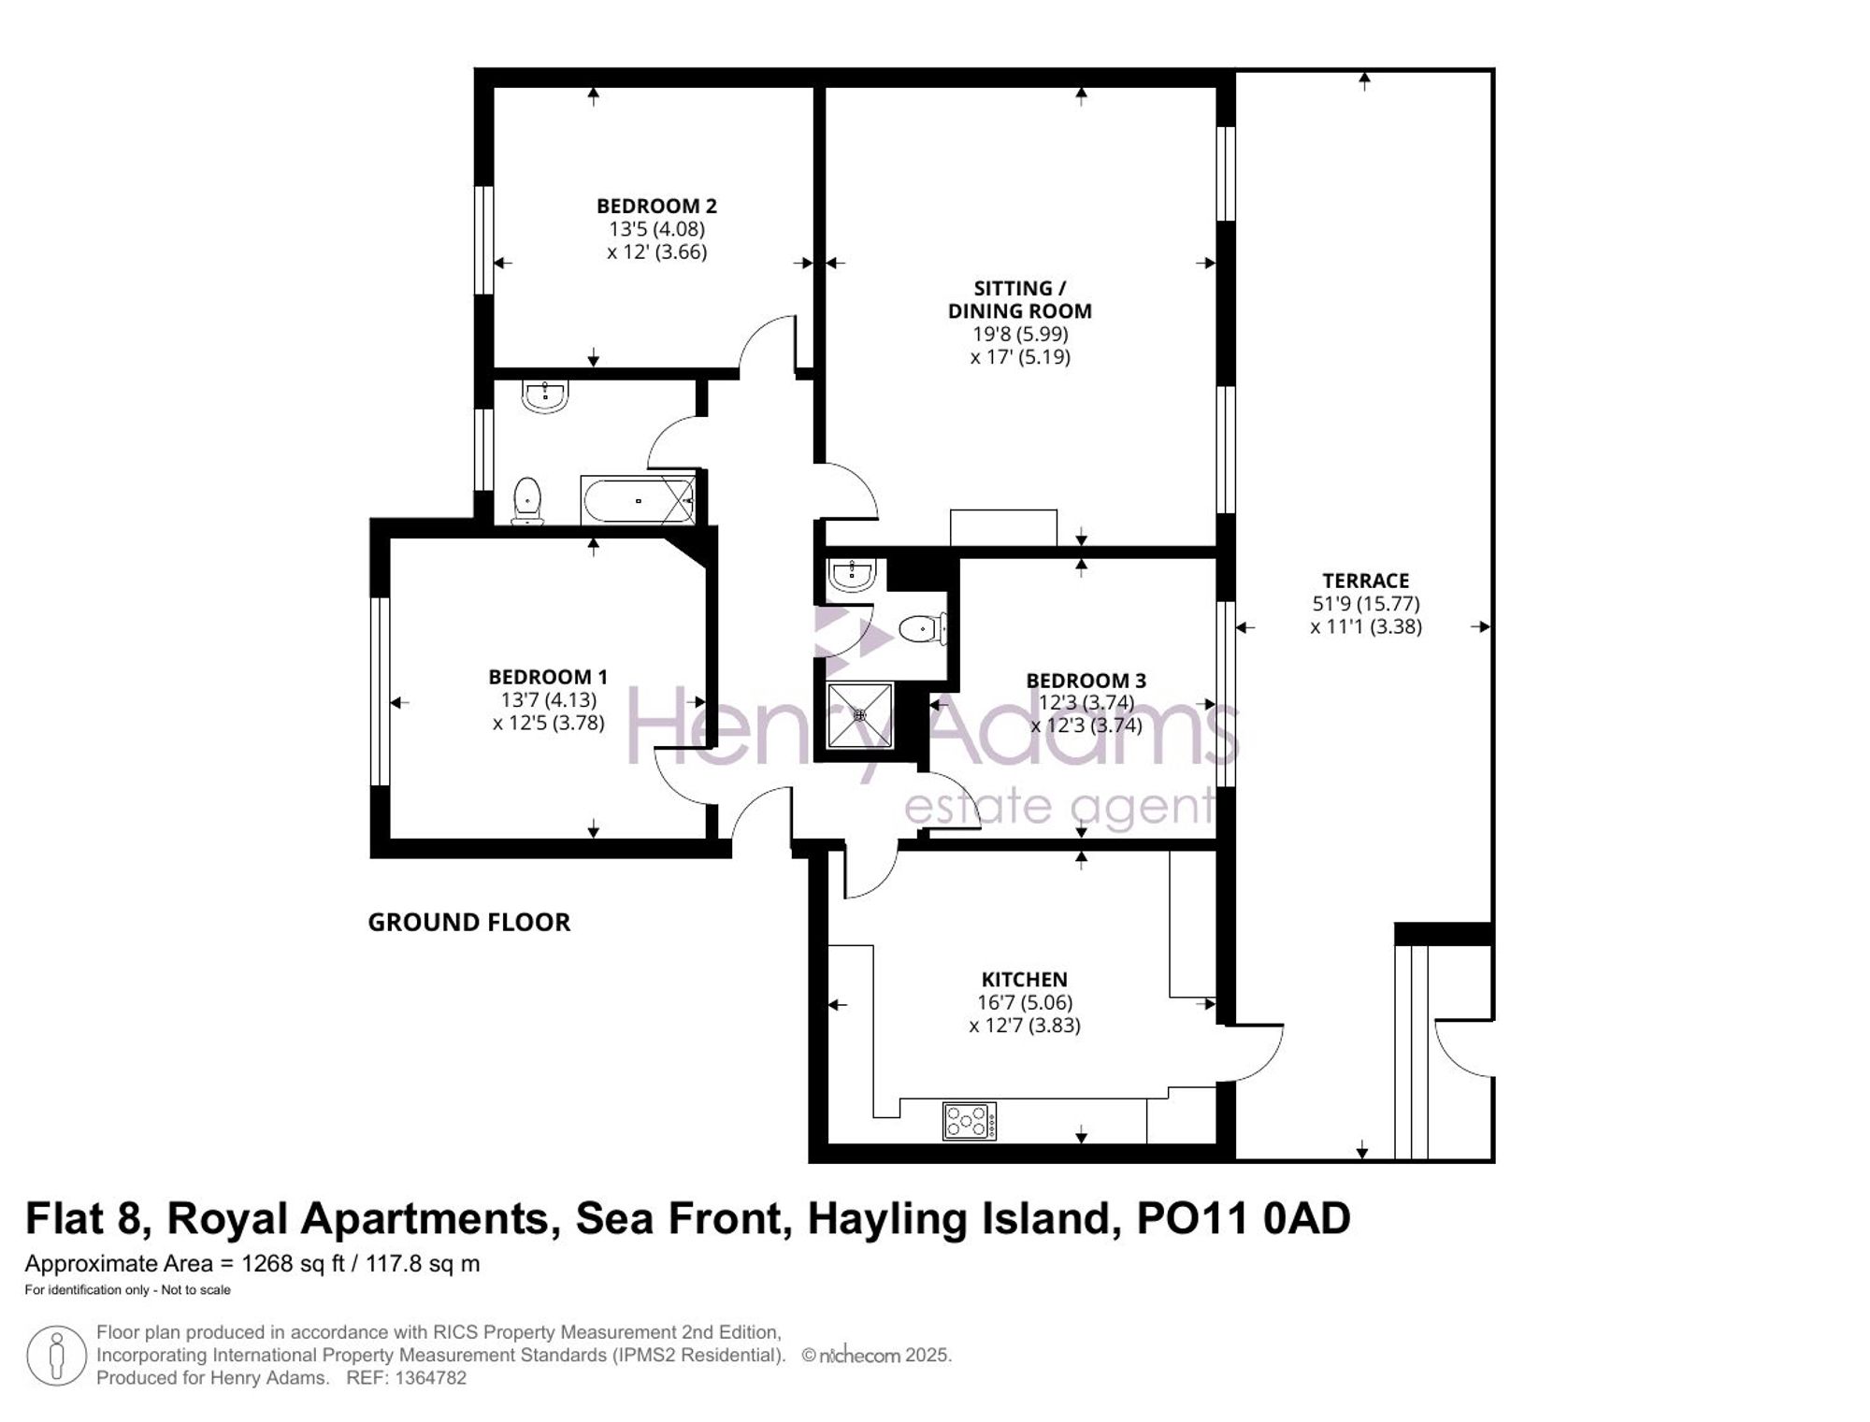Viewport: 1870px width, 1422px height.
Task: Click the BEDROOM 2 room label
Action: tap(656, 206)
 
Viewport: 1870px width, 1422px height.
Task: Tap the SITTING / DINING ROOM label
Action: tap(1020, 299)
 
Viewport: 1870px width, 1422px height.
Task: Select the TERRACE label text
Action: tap(1365, 581)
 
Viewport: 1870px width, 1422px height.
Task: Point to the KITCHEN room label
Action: tap(1024, 980)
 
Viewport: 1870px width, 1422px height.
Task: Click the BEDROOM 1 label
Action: tap(548, 677)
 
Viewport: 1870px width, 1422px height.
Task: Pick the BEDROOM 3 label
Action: tap(1086, 681)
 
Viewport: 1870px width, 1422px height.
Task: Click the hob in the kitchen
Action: tap(970, 1121)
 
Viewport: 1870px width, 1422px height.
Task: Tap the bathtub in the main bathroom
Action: tap(639, 500)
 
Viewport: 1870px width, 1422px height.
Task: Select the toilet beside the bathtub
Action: tap(527, 501)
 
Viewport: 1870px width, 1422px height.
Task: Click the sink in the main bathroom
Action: tap(545, 396)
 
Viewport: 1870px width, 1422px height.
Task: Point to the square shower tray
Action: tap(860, 715)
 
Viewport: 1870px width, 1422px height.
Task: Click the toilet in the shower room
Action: tap(924, 629)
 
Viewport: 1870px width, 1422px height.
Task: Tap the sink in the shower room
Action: tap(852, 575)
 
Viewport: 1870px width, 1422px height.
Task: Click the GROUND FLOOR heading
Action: tap(468, 923)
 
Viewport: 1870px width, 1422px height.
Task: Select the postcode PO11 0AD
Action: tap(1243, 1219)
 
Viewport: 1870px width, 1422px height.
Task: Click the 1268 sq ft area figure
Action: tap(295, 1264)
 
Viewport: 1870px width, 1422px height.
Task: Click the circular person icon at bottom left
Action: tap(57, 1356)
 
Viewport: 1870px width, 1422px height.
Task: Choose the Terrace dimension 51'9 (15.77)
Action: tap(1366, 604)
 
